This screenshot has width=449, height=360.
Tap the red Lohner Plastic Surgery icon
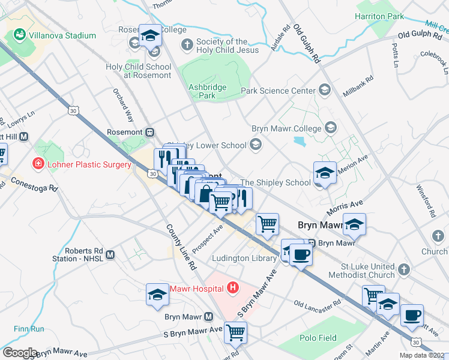(x=38, y=164)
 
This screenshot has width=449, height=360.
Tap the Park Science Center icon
(x=325, y=91)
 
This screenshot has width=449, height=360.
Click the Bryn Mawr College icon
(x=330, y=128)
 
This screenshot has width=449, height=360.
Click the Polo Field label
(x=319, y=338)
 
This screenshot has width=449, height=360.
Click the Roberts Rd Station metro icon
(x=110, y=255)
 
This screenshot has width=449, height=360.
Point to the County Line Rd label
(x=182, y=247)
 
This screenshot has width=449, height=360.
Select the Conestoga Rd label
(x=34, y=184)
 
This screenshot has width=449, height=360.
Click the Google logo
(x=20, y=353)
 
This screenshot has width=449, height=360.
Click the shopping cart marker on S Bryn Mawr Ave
(x=235, y=331)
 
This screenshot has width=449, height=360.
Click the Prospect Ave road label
(x=208, y=238)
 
